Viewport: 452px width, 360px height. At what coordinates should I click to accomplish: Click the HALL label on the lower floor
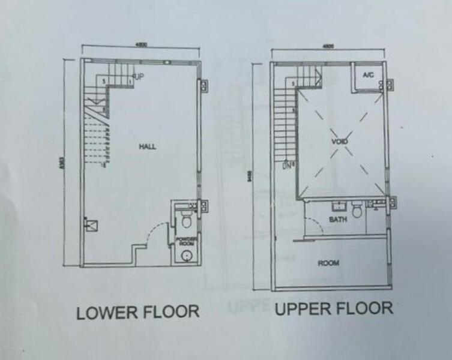click(x=148, y=146)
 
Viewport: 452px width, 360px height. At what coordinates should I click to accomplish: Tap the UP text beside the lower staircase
click(x=139, y=77)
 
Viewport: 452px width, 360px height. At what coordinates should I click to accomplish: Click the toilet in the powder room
click(x=186, y=223)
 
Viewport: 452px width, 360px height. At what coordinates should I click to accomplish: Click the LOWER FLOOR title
click(x=137, y=312)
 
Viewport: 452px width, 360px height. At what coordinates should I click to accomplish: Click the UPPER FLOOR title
click(x=334, y=309)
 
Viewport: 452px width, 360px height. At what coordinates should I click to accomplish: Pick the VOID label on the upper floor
click(x=340, y=141)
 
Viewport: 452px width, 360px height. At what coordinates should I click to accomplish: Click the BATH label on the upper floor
click(x=338, y=220)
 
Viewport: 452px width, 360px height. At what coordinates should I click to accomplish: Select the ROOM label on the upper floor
click(x=330, y=263)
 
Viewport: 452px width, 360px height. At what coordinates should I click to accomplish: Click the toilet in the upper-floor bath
click(x=358, y=210)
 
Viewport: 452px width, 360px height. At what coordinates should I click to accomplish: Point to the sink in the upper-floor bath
click(x=337, y=206)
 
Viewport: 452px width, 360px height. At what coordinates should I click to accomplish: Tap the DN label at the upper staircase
click(x=288, y=164)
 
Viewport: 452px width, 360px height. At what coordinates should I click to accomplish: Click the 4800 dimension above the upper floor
click(x=328, y=47)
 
